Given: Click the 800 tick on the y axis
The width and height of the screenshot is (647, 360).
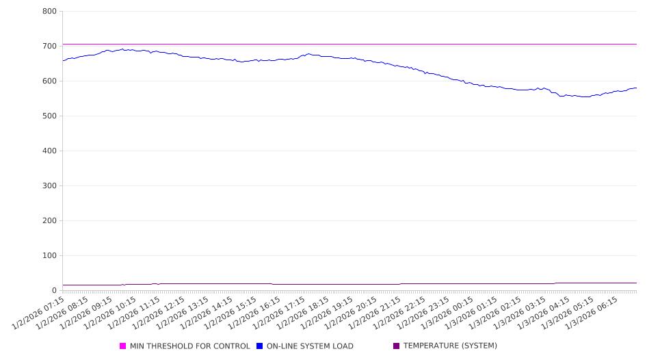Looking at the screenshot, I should coord(49,11).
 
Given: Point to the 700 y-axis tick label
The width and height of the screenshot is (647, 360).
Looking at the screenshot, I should coord(49,46).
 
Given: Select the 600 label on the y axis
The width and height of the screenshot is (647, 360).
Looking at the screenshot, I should coord(49,81).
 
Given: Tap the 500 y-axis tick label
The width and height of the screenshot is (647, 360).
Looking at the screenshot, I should coord(49,116).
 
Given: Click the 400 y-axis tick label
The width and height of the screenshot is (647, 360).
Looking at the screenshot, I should coord(49,151).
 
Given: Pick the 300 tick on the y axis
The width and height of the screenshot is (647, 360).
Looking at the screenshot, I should coord(49,185).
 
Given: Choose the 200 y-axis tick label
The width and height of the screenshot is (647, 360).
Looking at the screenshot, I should coord(49,220).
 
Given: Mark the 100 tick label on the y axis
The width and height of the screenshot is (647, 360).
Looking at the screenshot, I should coord(49,255).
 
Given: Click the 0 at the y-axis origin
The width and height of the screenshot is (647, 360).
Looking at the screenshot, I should coord(54,290).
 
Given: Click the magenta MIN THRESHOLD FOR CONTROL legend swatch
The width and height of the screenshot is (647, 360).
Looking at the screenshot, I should coord(123,346).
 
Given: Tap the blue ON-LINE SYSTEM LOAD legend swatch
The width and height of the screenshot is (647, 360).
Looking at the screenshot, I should coord(260,346).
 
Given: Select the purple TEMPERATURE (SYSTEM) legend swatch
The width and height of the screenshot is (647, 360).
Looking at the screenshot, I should coord(397,346).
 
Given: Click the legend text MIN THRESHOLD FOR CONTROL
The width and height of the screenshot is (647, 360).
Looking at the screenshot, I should coord(189,346).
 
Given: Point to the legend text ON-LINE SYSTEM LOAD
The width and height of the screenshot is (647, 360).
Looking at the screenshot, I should coord(310,346).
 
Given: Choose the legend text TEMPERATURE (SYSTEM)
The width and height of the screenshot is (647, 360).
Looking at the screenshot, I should coord(450,346).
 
